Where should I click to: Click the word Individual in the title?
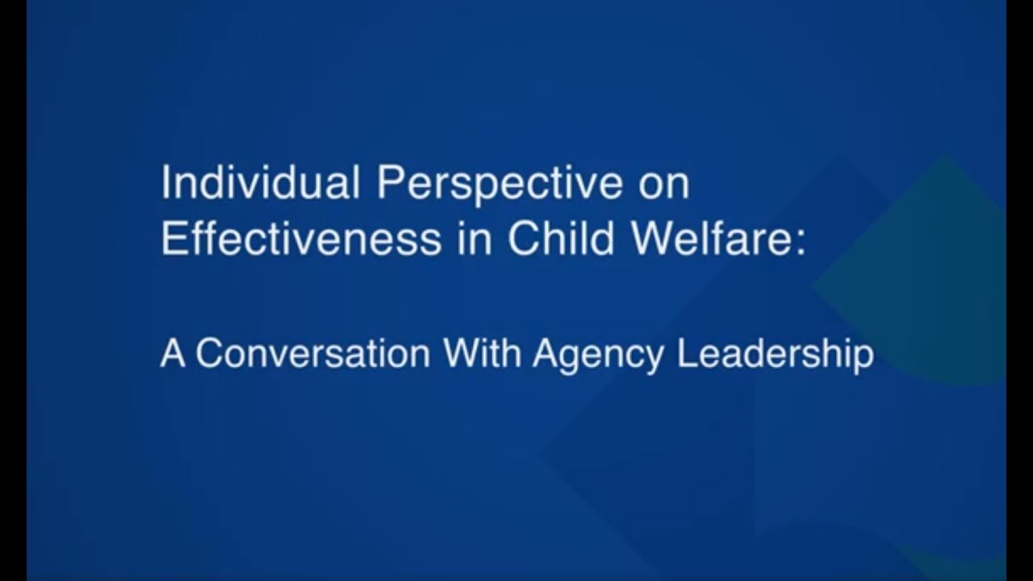[x=261, y=183]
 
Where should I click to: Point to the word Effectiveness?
[x=301, y=240]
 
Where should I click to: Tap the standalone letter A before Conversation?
[x=172, y=353]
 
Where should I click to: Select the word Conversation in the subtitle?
[x=313, y=353]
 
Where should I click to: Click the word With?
[x=482, y=353]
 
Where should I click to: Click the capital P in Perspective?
[x=388, y=183]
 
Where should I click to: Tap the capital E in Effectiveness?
[x=171, y=240]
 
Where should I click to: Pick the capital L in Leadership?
[x=686, y=353]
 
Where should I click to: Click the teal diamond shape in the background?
[x=928, y=266]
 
